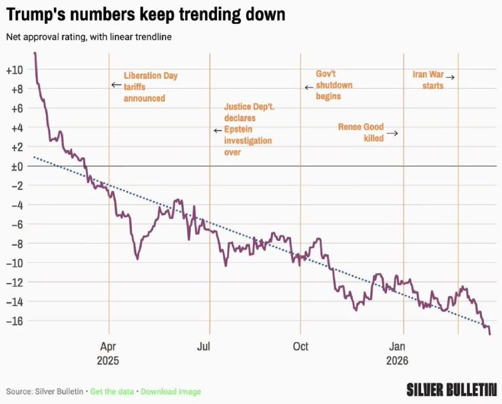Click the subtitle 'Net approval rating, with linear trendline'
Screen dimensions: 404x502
click(x=89, y=37)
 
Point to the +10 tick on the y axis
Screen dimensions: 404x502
click(x=13, y=70)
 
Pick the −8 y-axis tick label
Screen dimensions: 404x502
click(x=15, y=243)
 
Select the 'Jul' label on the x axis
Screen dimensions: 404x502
click(x=204, y=346)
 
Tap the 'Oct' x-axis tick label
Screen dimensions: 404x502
click(x=301, y=346)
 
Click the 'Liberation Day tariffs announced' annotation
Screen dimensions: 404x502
click(x=150, y=87)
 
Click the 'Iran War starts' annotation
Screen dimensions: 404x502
click(x=428, y=80)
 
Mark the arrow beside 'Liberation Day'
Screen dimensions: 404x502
click(x=115, y=85)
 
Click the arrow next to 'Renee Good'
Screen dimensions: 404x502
click(x=392, y=133)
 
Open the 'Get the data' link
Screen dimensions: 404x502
click(x=111, y=391)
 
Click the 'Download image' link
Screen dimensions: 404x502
click(x=171, y=391)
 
